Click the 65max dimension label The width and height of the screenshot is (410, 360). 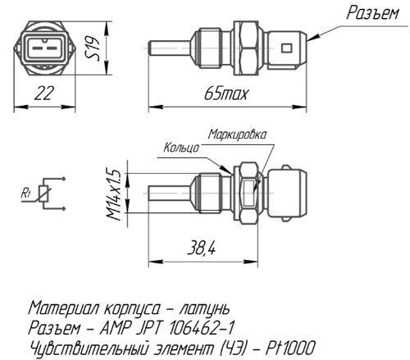click(226, 93)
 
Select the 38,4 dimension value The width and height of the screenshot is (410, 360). click(202, 248)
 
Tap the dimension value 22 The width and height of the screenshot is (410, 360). click(44, 93)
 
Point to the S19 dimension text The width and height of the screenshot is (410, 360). click(93, 48)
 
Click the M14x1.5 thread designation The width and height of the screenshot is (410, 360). click(114, 195)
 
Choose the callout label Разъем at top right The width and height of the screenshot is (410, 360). click(373, 13)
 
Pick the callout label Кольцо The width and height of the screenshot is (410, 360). click(181, 148)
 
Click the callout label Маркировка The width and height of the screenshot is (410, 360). click(237, 134)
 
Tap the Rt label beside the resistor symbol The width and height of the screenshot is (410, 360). click(26, 194)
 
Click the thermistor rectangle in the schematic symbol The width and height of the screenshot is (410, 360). click(44, 194)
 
